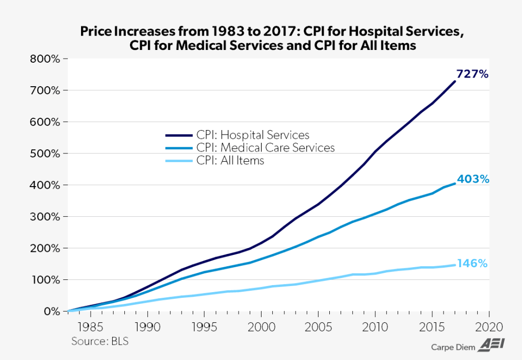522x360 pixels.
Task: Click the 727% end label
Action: pyautogui.click(x=473, y=74)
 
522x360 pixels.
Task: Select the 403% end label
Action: pyautogui.click(x=473, y=179)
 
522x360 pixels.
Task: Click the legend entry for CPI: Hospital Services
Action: pyautogui.click(x=253, y=135)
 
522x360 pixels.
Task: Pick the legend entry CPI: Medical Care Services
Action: pyautogui.click(x=266, y=148)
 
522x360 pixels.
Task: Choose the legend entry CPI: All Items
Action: pyautogui.click(x=230, y=161)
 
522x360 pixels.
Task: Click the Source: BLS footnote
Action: pyautogui.click(x=100, y=341)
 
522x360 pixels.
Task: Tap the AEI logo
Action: pyautogui.click(x=490, y=346)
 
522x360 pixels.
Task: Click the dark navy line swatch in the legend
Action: pyautogui.click(x=178, y=136)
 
